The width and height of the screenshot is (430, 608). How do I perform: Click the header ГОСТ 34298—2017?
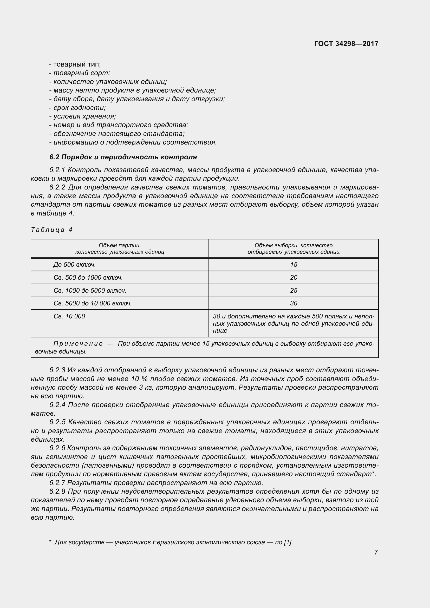[x=346, y=44]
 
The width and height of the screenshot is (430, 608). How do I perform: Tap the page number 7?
[x=376, y=552]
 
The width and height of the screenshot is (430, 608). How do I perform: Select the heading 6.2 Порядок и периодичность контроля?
[x=123, y=157]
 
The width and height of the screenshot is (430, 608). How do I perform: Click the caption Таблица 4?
[x=52, y=230]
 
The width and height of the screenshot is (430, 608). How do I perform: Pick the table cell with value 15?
[x=293, y=265]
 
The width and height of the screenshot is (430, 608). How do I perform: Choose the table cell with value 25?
[x=293, y=291]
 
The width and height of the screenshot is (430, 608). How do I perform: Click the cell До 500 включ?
[x=74, y=265]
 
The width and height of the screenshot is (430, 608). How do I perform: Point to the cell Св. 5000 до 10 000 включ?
[x=92, y=303]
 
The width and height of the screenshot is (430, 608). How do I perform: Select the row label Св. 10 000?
[x=69, y=316]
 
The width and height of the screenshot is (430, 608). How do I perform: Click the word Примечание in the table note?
[x=78, y=344]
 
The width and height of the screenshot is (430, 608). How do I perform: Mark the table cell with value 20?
[x=293, y=278]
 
